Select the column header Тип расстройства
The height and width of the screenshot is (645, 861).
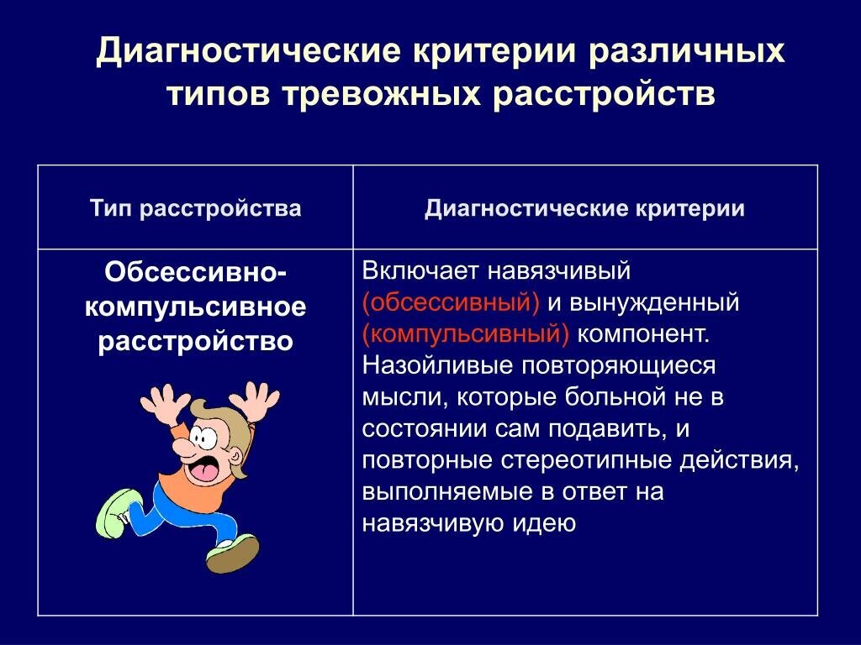click(x=195, y=208)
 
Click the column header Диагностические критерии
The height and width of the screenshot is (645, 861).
click(x=584, y=208)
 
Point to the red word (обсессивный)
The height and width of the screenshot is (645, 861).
click(x=452, y=302)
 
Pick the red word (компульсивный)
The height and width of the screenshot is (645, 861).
click(x=466, y=333)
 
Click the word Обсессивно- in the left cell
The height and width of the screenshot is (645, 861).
click(x=195, y=274)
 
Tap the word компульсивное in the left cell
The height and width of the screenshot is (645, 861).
click(x=195, y=307)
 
